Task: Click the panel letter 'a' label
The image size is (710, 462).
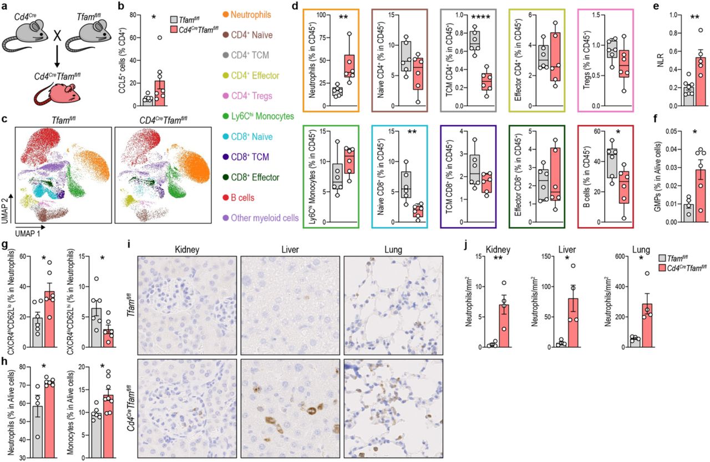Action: [x=5, y=7]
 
